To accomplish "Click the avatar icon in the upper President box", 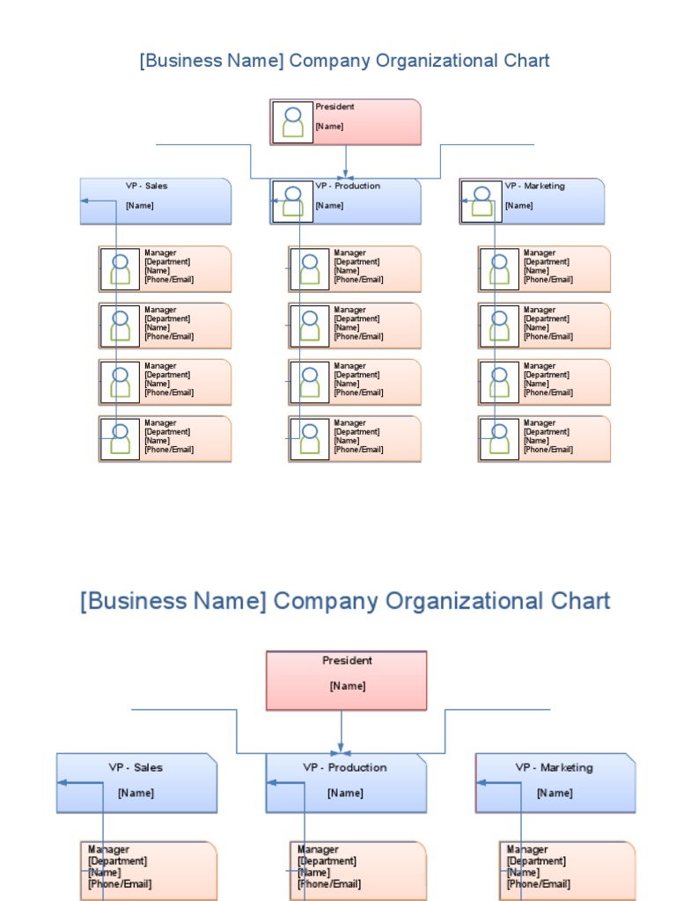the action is tap(292, 121).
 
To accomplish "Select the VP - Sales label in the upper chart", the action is tap(147, 186).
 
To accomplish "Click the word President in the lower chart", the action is tap(347, 660).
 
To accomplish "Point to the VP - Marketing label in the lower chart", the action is tap(555, 767).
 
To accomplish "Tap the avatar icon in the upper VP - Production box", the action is tap(292, 201).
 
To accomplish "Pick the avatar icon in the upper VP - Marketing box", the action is tap(482, 201).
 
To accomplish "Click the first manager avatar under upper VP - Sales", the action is tap(120, 269).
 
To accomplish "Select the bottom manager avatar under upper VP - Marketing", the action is tap(500, 439).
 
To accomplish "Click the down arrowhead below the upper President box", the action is tap(345, 173).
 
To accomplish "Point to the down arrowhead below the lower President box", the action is tap(341, 748).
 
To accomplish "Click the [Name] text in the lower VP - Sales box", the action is tap(136, 793).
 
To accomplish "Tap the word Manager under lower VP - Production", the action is tap(318, 849).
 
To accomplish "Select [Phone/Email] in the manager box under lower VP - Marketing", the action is tap(539, 883).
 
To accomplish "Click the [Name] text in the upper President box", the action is tap(329, 127).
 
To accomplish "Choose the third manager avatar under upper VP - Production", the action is tap(310, 382).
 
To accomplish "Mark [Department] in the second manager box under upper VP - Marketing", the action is tap(547, 319).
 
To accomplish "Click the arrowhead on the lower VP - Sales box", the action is tap(62, 782).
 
